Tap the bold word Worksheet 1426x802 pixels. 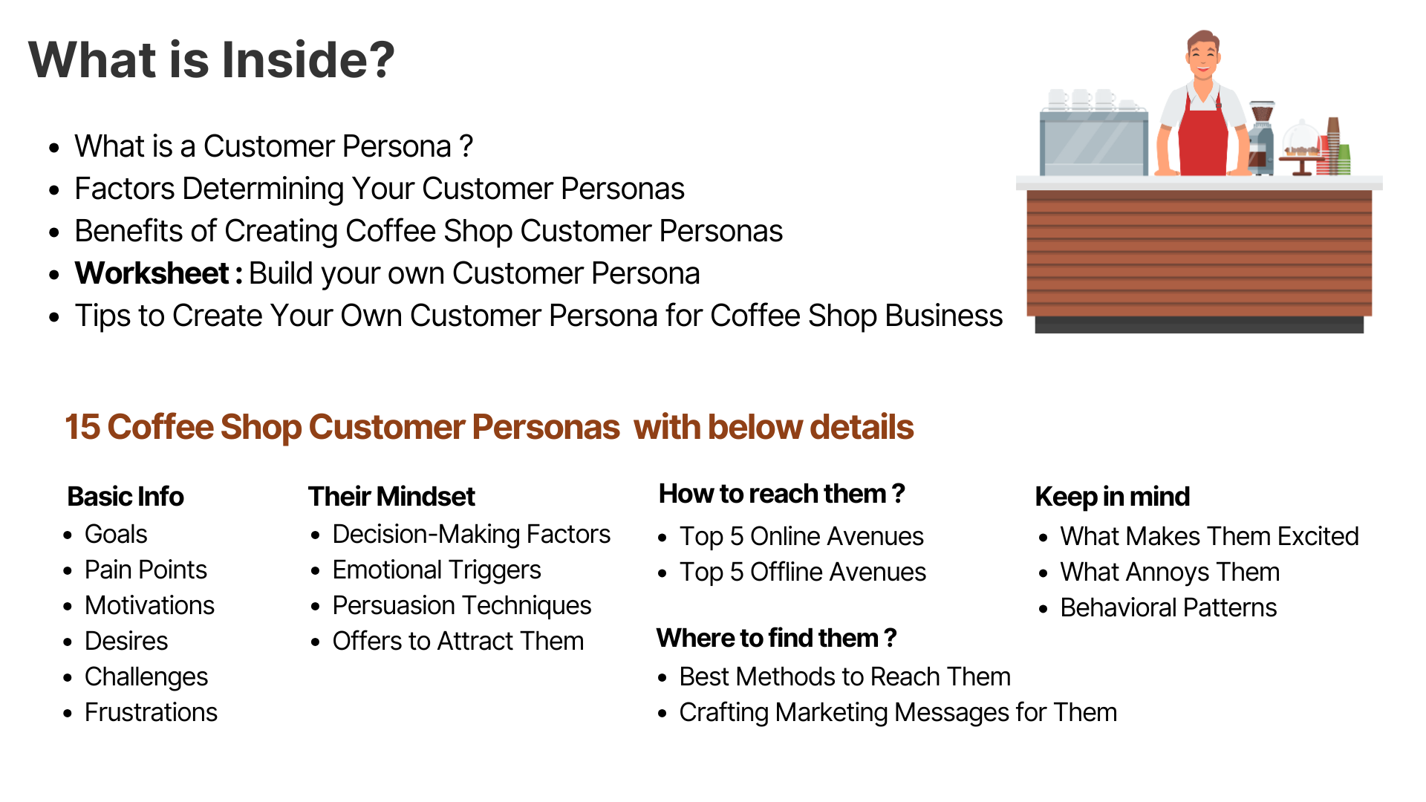point(152,273)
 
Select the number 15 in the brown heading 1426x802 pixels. point(82,427)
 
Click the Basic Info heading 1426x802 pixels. point(126,496)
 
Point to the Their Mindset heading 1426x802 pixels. point(391,496)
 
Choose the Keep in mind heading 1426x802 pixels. point(1113,497)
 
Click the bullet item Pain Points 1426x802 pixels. point(146,570)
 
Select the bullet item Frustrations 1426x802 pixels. point(151,712)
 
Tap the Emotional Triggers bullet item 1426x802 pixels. point(437,570)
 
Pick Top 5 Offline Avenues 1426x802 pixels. point(803,573)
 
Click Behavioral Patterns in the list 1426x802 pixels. point(1168,607)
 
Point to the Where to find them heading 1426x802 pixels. point(777,638)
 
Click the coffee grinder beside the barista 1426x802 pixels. point(1261,137)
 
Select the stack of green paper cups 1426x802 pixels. point(1344,159)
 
